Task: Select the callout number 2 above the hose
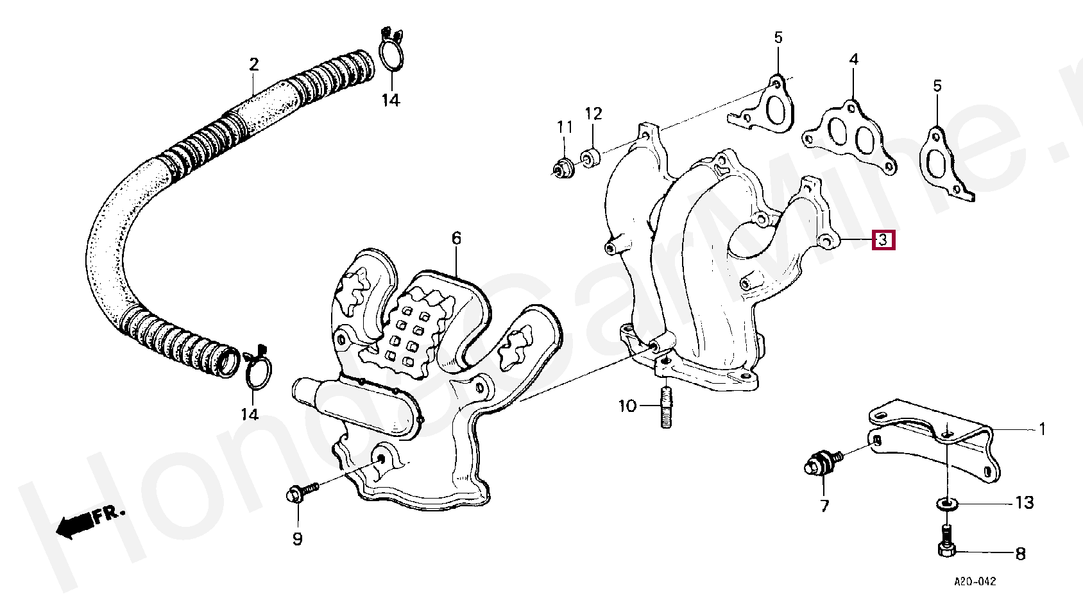[x=254, y=64]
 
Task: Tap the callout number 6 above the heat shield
[x=456, y=239]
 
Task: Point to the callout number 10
[x=627, y=406]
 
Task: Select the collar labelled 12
[x=590, y=157]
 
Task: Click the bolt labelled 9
[x=300, y=493]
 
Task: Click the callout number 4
[x=853, y=60]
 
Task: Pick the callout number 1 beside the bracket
[x=1042, y=429]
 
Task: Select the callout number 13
[x=1025, y=502]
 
